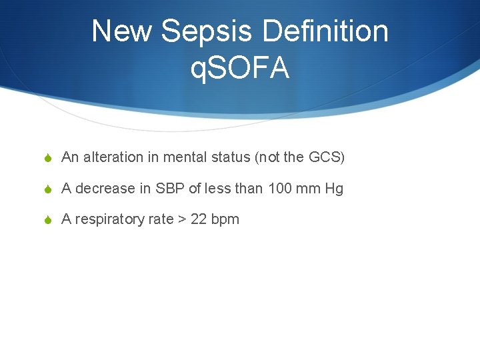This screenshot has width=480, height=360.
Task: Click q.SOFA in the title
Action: [240, 67]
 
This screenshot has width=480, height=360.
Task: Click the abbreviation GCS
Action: [325, 157]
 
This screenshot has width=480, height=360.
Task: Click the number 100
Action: [280, 189]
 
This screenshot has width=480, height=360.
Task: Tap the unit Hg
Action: [334, 189]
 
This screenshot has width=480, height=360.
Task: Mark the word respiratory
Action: [107, 220]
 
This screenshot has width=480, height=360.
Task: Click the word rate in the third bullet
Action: [159, 219]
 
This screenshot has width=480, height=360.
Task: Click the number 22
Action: [199, 219]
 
